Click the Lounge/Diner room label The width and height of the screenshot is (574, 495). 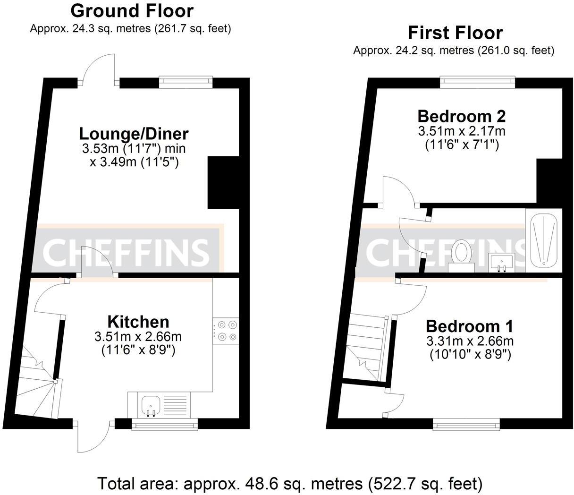[x=134, y=134]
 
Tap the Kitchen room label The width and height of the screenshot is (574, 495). [x=138, y=322]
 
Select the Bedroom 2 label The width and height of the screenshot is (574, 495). [x=461, y=116]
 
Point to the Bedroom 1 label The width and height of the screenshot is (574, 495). [x=469, y=326]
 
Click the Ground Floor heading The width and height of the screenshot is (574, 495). [x=132, y=10]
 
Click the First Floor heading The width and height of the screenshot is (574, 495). [x=455, y=33]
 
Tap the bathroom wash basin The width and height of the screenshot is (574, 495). [x=501, y=263]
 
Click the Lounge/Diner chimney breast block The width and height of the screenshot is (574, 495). [x=223, y=182]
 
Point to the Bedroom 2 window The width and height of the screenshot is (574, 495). [x=477, y=82]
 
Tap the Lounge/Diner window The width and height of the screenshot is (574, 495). [x=186, y=82]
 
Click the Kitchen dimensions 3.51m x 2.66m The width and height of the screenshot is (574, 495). [x=138, y=337]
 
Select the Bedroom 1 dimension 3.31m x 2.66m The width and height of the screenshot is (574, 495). [x=470, y=341]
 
